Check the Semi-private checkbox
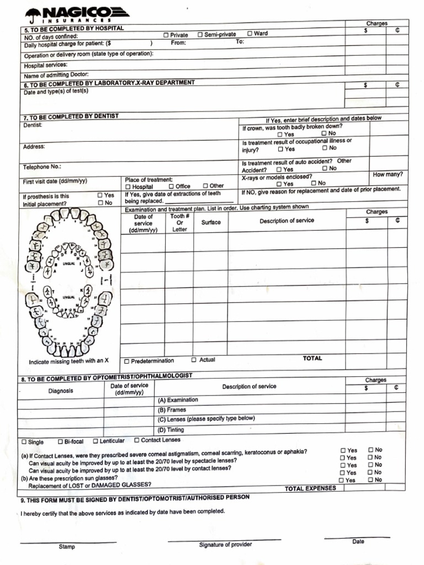pos(200,35)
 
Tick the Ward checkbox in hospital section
pos(250,34)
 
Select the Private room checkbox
pos(166,35)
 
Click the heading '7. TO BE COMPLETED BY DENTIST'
pos(71,117)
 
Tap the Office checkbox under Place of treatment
pos(171,186)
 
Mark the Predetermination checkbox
pos(127,361)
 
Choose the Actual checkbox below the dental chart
pos(194,360)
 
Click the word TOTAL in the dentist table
pos(312,359)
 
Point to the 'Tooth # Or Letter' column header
pos(179,223)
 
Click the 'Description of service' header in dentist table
pos(287,221)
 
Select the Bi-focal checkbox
pos(60,442)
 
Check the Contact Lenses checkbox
pos(136,440)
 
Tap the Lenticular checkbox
pos(96,441)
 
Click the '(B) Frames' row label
pos(172,410)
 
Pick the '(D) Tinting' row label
pos(171,430)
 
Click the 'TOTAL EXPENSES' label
pos(310,488)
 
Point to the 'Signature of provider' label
pos(225,545)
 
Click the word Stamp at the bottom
pos(67,547)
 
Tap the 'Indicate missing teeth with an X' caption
pos(68,361)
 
